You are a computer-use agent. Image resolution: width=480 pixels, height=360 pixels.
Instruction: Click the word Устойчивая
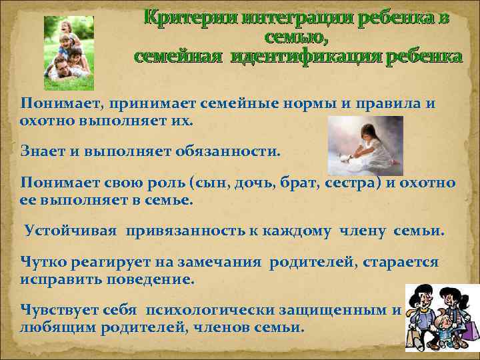click(71, 231)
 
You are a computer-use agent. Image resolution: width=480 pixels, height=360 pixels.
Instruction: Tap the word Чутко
click(43, 262)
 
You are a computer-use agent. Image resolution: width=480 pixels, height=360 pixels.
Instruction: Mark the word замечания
click(223, 262)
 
